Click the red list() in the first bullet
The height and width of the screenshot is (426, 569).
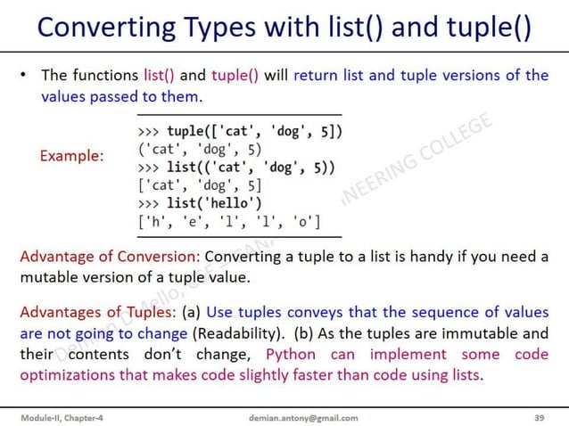[161, 75]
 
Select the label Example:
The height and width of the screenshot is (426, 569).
[71, 156]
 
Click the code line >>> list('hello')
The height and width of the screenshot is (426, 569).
[200, 203]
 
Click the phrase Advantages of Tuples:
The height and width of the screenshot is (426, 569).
[98, 313]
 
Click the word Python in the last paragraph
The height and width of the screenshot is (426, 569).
[291, 355]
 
